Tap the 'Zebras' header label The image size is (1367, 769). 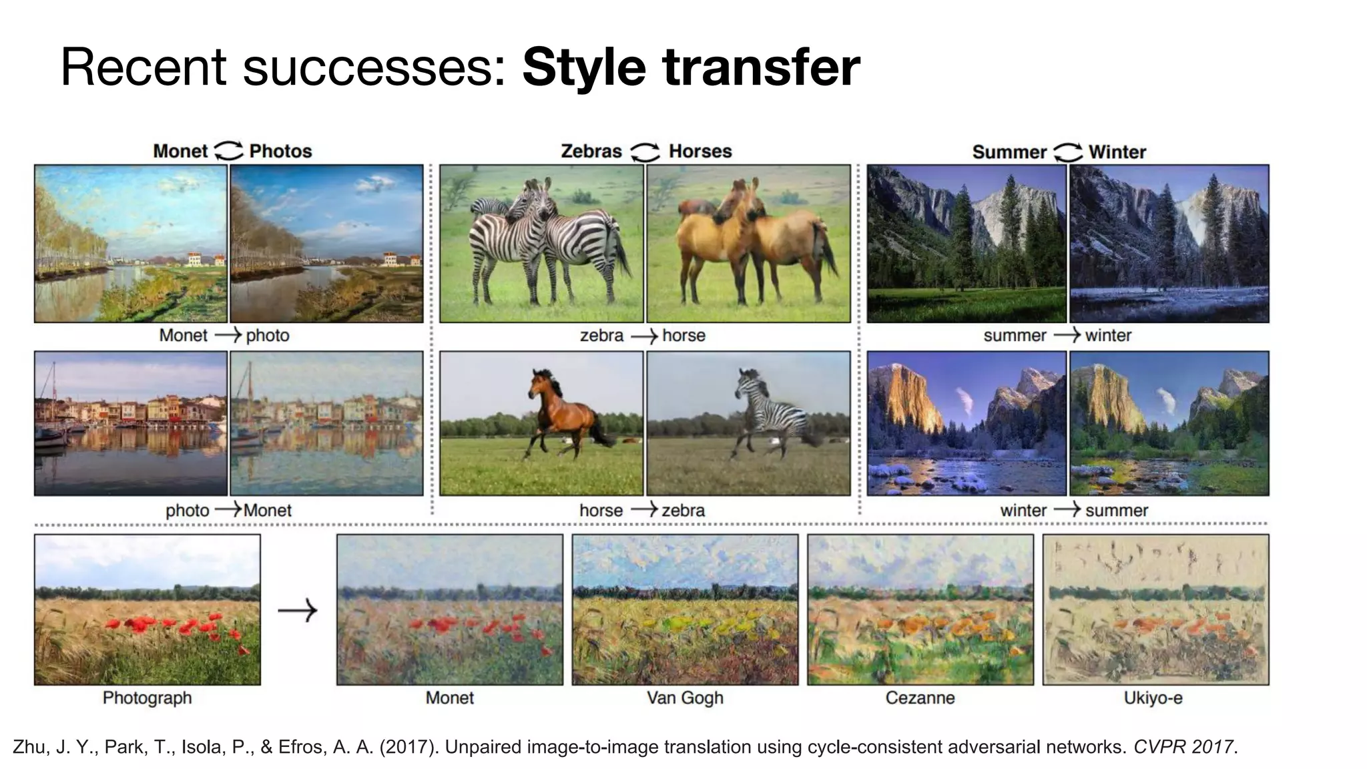[591, 152]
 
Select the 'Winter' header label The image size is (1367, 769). [1117, 152]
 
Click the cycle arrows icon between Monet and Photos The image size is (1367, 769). [228, 151]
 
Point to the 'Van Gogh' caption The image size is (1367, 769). [685, 698]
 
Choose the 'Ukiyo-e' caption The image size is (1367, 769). [1153, 698]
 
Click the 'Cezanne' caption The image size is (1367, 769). [920, 698]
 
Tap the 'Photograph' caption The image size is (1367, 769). [147, 698]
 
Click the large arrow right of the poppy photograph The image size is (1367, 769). [298, 610]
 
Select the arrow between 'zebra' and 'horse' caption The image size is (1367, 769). [643, 336]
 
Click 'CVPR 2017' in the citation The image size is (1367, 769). [1183, 746]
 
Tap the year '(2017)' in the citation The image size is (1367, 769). [409, 746]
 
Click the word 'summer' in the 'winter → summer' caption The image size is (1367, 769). [1117, 511]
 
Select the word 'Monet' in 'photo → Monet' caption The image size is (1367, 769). [268, 511]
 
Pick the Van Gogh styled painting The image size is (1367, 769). [685, 609]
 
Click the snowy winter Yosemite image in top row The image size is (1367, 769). [1169, 244]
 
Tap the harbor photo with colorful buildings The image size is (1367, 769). [131, 423]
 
